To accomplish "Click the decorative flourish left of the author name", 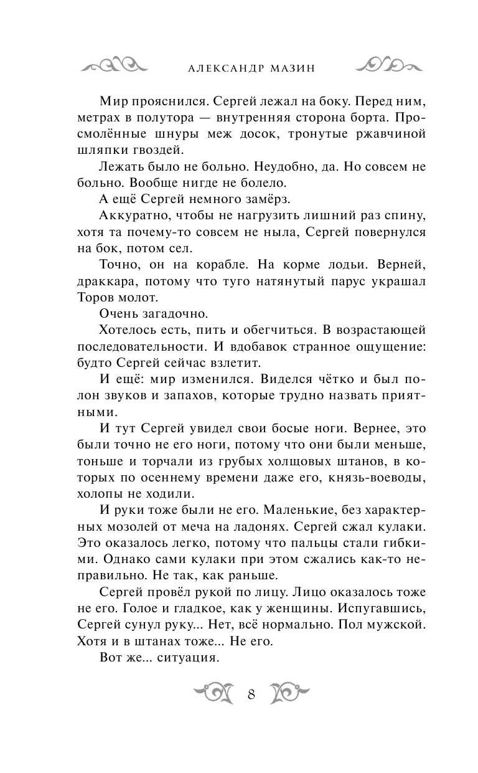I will click(x=116, y=65).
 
